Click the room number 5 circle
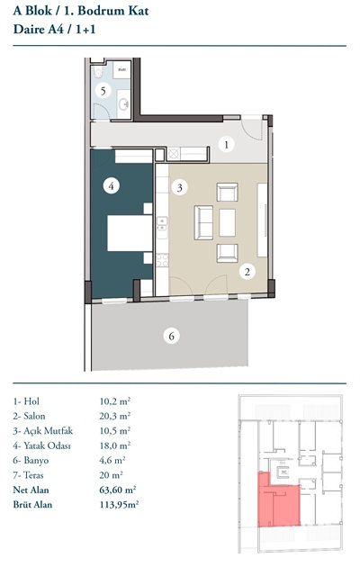pyautogui.click(x=103, y=91)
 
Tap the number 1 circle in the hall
pyautogui.click(x=226, y=144)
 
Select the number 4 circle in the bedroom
pyautogui.click(x=112, y=186)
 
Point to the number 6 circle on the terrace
pyautogui.click(x=172, y=336)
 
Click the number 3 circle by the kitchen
pyautogui.click(x=179, y=188)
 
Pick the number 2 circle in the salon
pyautogui.click(x=247, y=272)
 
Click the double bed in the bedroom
pyautogui.click(x=130, y=233)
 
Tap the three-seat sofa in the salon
pyautogui.click(x=203, y=222)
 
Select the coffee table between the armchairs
pyautogui.click(x=228, y=222)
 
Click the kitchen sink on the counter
pyautogui.click(x=162, y=224)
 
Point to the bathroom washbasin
pyautogui.click(x=123, y=104)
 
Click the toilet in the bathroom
pyautogui.click(x=98, y=72)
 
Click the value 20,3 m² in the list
pyautogui.click(x=115, y=416)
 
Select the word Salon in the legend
pyautogui.click(x=34, y=416)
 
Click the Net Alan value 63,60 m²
pyautogui.click(x=118, y=490)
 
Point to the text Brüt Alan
pyautogui.click(x=32, y=504)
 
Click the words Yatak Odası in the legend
pyautogui.click(x=47, y=446)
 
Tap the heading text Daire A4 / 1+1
pyautogui.click(x=54, y=29)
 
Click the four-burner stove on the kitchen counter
pyautogui.click(x=162, y=260)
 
